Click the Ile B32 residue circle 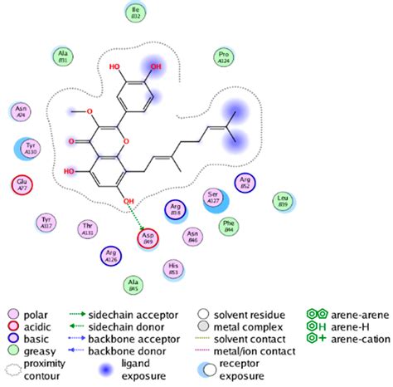click(x=136, y=12)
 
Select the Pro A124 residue click(x=222, y=56)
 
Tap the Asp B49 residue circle click(x=147, y=239)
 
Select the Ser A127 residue click(x=213, y=197)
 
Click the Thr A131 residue click(x=87, y=229)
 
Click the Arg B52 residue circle click(x=245, y=183)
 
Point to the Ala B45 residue click(x=132, y=286)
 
